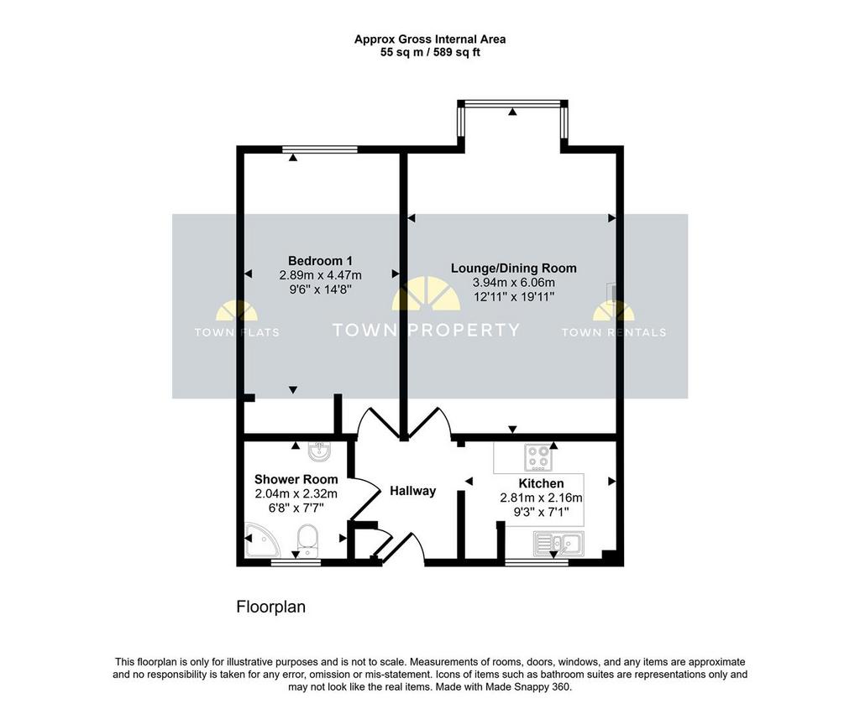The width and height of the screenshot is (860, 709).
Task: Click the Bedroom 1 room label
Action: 320,261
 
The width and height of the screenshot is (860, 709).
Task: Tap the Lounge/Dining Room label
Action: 514,268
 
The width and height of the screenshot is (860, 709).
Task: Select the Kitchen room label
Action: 542,483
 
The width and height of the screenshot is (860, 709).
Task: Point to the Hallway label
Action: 413,491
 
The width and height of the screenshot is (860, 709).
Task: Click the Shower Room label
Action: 296,480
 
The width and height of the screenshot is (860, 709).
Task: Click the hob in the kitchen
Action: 538,457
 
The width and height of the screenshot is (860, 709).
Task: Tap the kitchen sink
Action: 558,544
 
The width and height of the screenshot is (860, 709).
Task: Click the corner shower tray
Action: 261,540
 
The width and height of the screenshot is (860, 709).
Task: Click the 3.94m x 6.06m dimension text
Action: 514,283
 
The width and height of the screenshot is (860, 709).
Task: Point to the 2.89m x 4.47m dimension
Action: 320,275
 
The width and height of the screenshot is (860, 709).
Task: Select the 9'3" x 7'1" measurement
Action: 542,513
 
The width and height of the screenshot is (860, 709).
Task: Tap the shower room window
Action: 296,563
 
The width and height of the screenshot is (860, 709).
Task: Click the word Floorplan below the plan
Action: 271,607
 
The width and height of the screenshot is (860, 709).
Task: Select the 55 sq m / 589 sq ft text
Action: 430,53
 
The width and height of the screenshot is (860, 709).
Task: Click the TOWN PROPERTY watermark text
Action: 426,330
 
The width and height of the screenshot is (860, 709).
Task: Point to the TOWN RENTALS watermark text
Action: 614,332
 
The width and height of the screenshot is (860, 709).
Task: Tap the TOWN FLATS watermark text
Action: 237,332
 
